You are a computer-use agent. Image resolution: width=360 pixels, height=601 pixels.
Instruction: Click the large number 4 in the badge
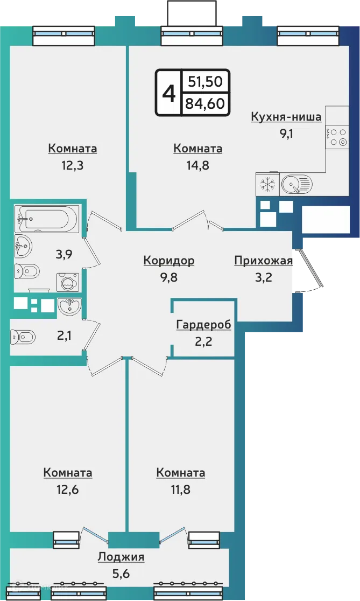[x=169, y=93]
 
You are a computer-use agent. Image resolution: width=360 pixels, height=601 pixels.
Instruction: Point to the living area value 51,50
[x=205, y=82]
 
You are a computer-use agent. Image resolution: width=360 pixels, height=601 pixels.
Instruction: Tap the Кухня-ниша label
[x=286, y=117]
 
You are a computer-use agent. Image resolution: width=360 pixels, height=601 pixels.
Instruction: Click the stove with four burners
[x=337, y=137]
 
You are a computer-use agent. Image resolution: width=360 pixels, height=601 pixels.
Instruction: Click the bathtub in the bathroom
[x=47, y=219]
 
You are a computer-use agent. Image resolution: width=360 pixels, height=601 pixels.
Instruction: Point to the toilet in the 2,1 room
[x=23, y=337]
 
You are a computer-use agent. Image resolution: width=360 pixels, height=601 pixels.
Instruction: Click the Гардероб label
[x=203, y=325]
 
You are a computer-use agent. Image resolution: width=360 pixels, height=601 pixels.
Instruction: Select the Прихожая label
[x=263, y=261]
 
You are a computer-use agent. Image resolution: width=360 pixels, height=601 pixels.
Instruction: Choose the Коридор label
[x=168, y=261]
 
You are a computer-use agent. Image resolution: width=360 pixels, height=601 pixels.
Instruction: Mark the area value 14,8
[x=197, y=165]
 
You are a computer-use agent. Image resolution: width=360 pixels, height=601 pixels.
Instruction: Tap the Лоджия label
[x=121, y=557]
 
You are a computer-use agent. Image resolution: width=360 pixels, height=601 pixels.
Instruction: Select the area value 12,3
[x=72, y=165]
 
